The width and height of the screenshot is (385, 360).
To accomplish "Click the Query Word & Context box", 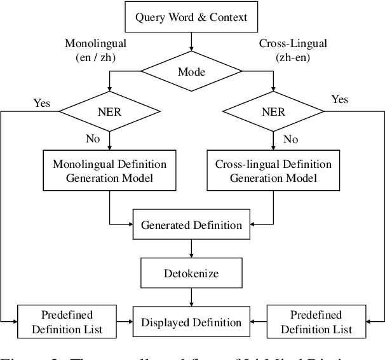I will pos(191,17).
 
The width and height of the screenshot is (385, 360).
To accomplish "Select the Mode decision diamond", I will pos(191,72).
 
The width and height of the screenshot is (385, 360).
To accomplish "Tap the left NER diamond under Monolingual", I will pos(109,113).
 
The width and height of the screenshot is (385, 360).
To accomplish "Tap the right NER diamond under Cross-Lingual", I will pos(273,113).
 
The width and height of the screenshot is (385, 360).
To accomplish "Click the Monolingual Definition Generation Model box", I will pos(109,170).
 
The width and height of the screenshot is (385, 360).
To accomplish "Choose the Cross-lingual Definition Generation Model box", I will pos(273,170).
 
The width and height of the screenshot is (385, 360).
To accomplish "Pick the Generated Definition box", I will pos(191,225).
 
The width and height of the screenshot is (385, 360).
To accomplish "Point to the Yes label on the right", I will pos(341,99).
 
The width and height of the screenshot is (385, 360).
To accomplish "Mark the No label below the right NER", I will pos(290,138).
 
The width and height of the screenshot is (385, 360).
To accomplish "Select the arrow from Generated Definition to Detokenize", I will pos(191,247).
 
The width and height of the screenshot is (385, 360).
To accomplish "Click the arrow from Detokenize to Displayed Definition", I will pos(191,296).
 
